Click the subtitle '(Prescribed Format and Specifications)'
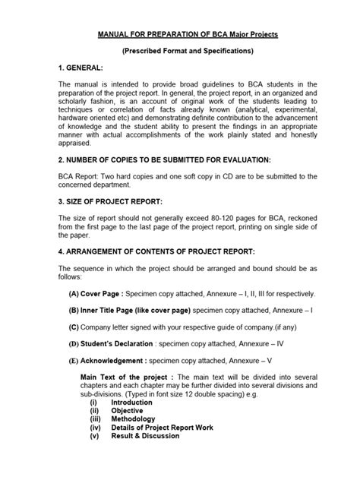pos(179,51)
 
